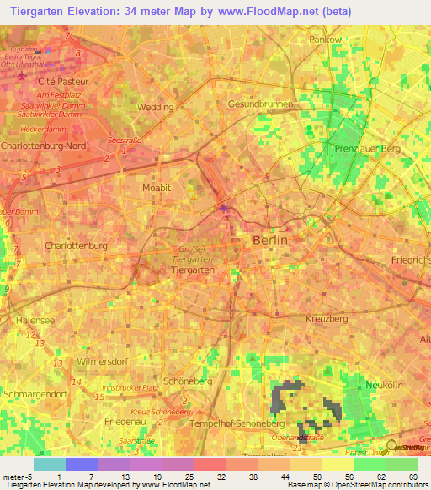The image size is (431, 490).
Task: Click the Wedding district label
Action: point(156,107)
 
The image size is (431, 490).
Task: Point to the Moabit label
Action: point(157,188)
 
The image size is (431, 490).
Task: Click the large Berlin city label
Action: point(270,240)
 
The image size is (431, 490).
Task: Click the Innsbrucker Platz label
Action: point(130,386)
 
